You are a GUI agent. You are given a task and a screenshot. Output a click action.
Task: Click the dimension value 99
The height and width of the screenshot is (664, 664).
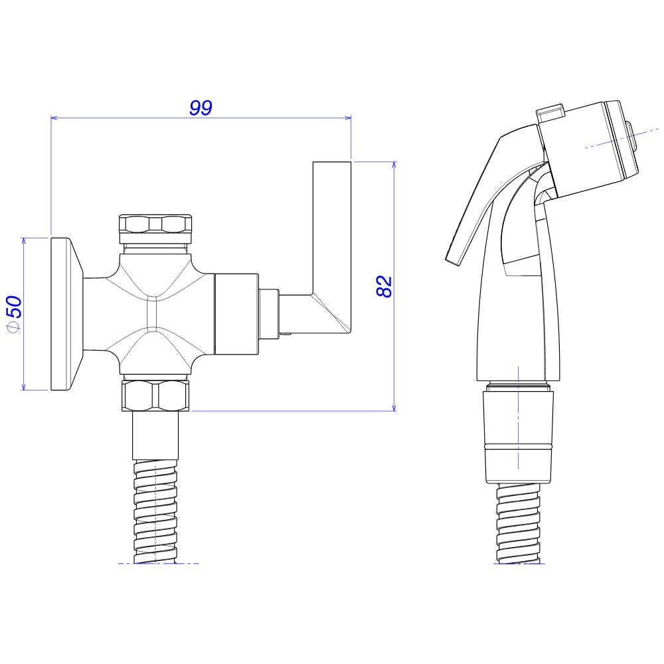pyautogui.click(x=201, y=108)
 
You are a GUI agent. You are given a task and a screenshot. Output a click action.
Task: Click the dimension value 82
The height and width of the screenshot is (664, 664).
pyautogui.click(x=384, y=286)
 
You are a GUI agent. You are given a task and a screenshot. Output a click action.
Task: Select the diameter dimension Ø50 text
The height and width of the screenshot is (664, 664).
pyautogui.click(x=14, y=311)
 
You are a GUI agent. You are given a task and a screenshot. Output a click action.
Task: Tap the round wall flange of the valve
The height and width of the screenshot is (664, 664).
pyautogui.click(x=63, y=313)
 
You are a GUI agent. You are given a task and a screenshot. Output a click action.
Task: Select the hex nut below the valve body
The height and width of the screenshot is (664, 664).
pyautogui.click(x=155, y=395)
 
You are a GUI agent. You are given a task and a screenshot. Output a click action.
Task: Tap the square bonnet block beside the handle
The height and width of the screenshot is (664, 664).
pyautogui.click(x=236, y=313)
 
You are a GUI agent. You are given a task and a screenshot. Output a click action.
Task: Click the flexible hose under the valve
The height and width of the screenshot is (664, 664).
pyautogui.click(x=155, y=511)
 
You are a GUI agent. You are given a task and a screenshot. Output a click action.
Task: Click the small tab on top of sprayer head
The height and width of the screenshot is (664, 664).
pyautogui.click(x=550, y=113)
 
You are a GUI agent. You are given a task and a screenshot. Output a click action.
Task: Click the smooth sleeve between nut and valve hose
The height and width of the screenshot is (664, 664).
pyautogui.click(x=155, y=436)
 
